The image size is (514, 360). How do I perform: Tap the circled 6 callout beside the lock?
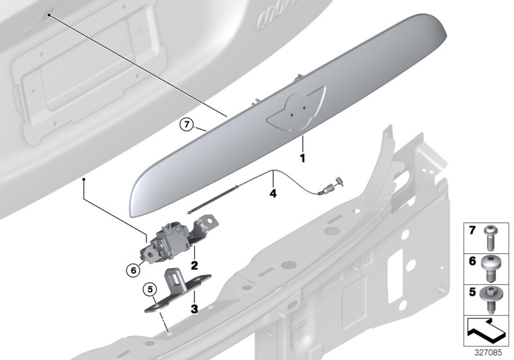coord(134,271)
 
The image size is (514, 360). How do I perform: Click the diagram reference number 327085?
coord(491,353)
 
